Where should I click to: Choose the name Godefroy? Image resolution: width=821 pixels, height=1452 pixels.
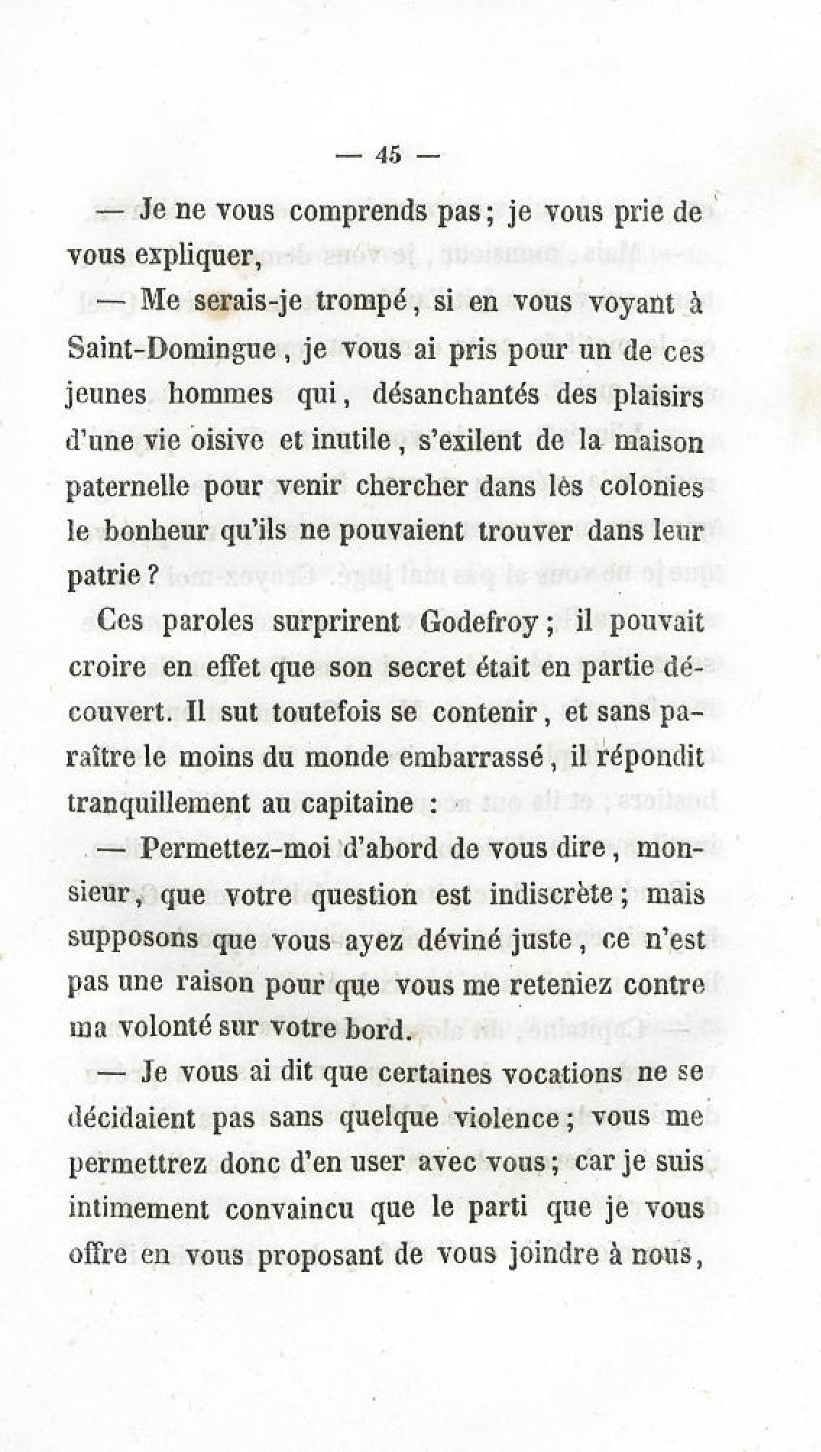[x=479, y=622]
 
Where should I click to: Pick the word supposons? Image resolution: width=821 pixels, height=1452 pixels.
[x=124, y=939]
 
